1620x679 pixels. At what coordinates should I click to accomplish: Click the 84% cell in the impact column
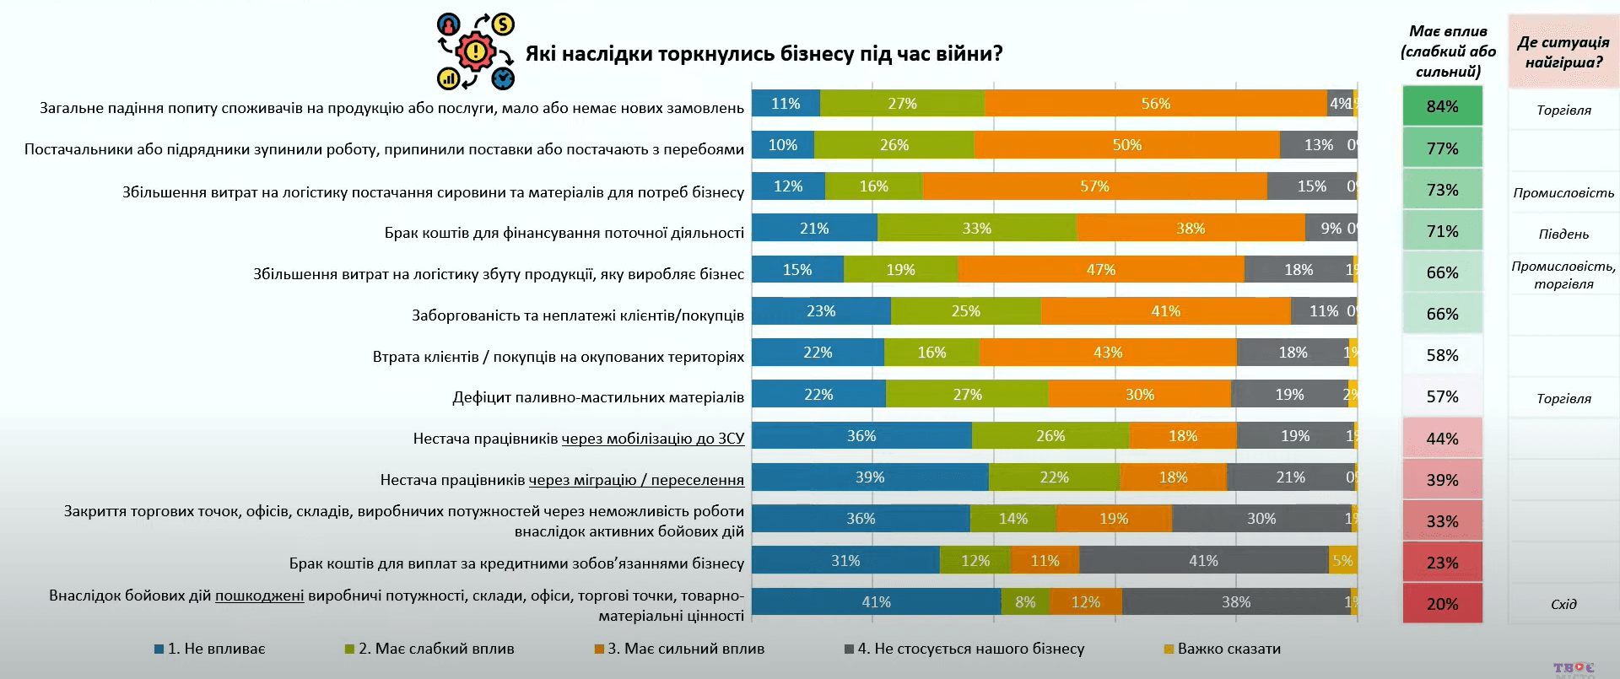coord(1442,106)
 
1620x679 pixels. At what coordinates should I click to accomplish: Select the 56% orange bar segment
coord(1155,104)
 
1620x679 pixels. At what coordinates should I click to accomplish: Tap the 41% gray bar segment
coord(1203,561)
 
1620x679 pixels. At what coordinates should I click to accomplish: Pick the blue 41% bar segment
coord(876,602)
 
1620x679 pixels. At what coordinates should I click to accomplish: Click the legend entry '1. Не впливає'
coord(210,649)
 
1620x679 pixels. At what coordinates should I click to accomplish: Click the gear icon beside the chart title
coord(475,52)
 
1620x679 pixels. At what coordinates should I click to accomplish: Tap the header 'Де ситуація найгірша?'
coord(1563,51)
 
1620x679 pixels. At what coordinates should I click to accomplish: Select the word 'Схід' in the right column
coord(1563,604)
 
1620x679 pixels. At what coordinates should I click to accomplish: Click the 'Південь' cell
coord(1563,234)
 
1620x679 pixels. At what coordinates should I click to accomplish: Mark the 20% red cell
coord(1442,604)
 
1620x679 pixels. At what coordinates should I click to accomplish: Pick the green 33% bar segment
coord(976,229)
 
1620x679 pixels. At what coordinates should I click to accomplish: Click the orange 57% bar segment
coord(1094,186)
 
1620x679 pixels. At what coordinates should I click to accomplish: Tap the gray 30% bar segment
coord(1261,519)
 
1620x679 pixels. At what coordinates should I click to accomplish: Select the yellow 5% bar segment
coord(1342,561)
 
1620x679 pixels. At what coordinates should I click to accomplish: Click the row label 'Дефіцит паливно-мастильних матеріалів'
coord(598,397)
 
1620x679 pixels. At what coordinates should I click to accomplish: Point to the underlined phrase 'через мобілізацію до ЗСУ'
coord(653,439)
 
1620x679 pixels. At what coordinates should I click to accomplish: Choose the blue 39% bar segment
coord(869,477)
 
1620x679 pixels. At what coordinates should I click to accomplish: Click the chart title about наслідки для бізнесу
coord(764,54)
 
